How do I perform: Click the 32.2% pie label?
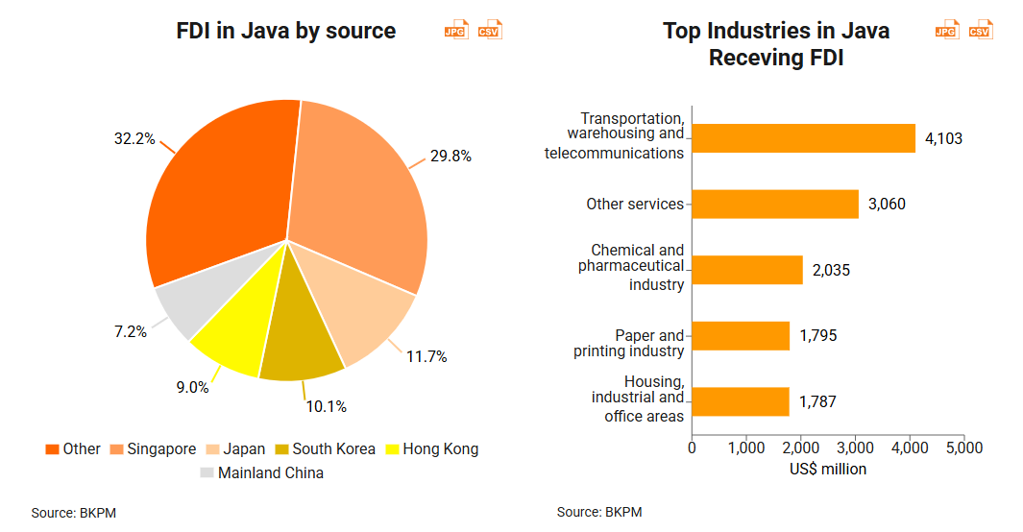[134, 139]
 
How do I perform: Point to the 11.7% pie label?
[426, 357]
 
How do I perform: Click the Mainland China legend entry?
[262, 472]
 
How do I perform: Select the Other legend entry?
[73, 448]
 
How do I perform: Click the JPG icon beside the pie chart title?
[456, 31]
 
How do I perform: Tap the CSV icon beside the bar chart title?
[980, 31]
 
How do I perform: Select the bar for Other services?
[774, 204]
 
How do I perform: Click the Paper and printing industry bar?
[740, 336]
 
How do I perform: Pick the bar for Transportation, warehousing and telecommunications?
[803, 138]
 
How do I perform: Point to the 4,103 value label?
[943, 138]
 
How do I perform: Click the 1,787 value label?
[817, 401]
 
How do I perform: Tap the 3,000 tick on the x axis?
[855, 448]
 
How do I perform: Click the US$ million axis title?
[828, 470]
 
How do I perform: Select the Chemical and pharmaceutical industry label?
[631, 266]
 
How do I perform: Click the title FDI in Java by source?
[286, 31]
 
